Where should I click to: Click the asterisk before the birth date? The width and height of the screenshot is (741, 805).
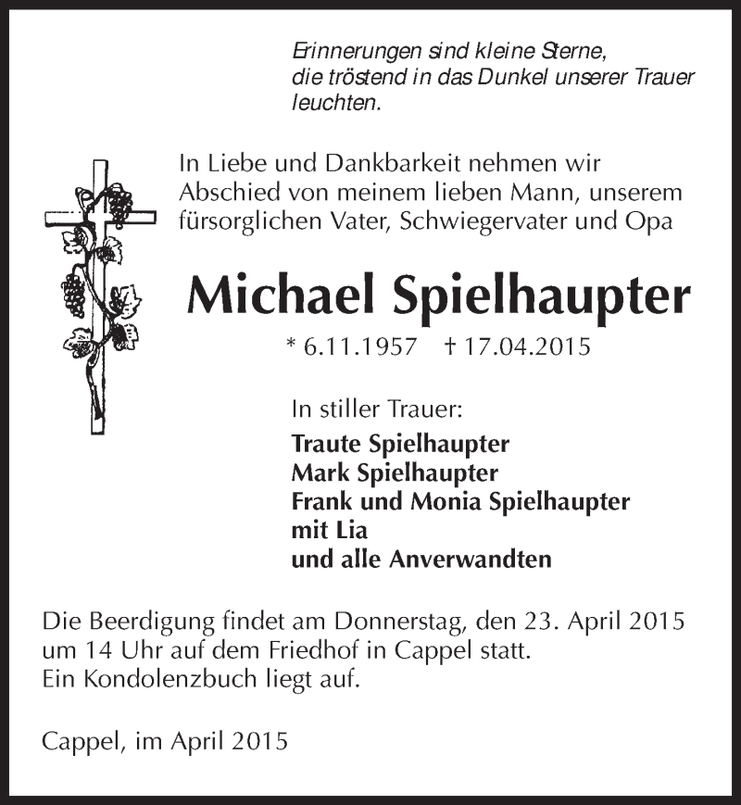[292, 345]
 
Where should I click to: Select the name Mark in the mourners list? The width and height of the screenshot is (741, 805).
[317, 472]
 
